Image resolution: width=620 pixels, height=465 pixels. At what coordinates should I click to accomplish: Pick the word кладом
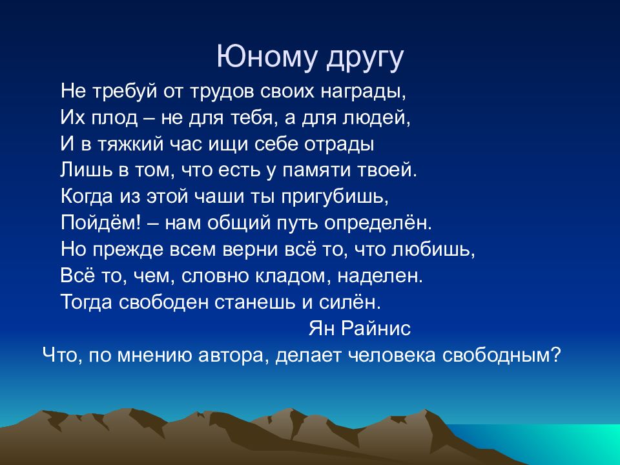pyautogui.click(x=296, y=276)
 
